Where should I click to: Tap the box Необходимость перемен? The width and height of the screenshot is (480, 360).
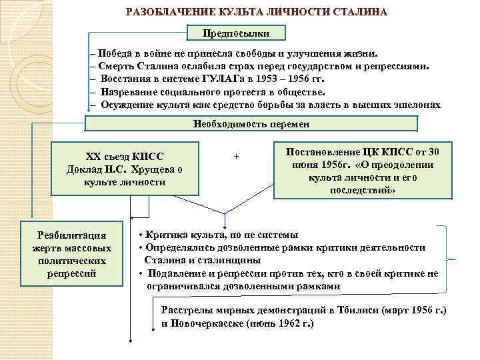(252, 123)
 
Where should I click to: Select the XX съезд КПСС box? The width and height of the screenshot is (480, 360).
(125, 157)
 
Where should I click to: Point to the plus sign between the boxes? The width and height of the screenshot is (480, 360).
(237, 156)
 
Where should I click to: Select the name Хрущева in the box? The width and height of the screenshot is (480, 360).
(161, 169)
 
